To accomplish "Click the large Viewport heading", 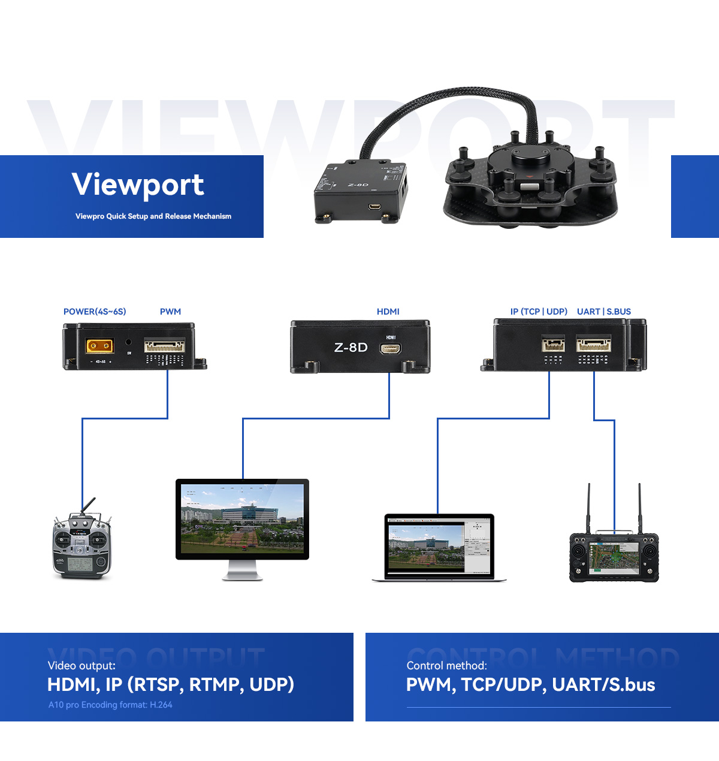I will point(138,185).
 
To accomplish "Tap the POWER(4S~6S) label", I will point(95,312).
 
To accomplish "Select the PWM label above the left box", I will point(170,312).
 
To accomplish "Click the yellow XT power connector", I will point(100,346).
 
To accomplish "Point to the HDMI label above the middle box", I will point(388,312).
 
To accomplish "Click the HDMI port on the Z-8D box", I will point(390,348).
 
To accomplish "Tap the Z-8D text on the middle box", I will point(351,348).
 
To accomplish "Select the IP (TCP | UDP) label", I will point(539,312).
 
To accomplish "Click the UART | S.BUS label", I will point(603,312).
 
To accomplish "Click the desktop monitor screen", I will point(242,518).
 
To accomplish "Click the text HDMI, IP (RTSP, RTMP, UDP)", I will point(171,684).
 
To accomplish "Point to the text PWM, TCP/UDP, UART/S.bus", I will point(530,684).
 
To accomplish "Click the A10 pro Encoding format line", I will point(110,705).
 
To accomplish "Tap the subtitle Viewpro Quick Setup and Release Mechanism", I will point(153,216).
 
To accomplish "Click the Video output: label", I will point(81,666).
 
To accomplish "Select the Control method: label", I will point(446,666).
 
